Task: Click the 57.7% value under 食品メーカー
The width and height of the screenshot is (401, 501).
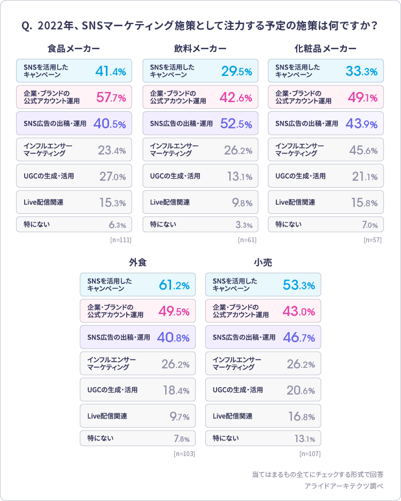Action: (x=111, y=98)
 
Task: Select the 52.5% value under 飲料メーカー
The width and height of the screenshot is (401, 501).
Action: (x=236, y=124)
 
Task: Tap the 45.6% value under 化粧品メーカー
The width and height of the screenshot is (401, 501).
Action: (x=363, y=150)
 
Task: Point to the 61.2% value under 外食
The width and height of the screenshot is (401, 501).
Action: (x=174, y=286)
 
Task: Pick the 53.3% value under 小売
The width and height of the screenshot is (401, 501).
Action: (x=299, y=286)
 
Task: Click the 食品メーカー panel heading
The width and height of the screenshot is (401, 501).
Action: (x=74, y=49)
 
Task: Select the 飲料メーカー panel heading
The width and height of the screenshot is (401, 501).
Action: (x=200, y=49)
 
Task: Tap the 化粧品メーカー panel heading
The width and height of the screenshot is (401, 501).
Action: (x=326, y=49)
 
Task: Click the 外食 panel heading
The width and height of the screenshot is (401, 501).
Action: (x=137, y=263)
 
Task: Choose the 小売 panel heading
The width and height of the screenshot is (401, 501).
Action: (x=263, y=263)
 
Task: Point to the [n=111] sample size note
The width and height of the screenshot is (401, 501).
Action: (x=121, y=240)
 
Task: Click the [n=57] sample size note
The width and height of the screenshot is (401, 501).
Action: (x=372, y=240)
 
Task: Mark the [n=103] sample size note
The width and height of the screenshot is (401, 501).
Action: (x=184, y=454)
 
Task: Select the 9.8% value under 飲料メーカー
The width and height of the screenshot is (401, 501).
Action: (x=242, y=203)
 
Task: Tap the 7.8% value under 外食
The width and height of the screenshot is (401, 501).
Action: (x=181, y=439)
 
